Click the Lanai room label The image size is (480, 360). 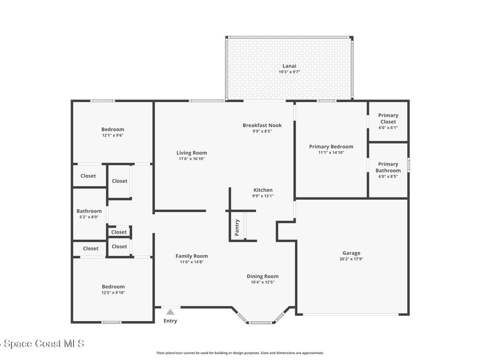coord(289,66)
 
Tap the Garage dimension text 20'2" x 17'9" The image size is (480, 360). coord(351,259)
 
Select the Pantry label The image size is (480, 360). coord(237,227)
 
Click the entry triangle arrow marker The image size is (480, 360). coord(170,312)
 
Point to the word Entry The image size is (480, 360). coord(170,321)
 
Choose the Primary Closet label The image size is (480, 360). coord(388,119)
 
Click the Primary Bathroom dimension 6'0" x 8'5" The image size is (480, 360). coord(388,176)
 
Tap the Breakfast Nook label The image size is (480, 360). coord(262,125)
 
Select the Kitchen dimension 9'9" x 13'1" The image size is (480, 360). coord(263,196)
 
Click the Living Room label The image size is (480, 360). coord(192,153)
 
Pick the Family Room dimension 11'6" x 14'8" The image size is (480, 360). coord(192,262)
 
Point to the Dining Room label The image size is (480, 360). coord(262,276)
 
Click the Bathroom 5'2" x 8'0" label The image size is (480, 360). coord(89,214)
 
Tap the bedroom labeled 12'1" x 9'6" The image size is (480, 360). coord(112,132)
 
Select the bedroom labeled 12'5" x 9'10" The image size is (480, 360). coord(113,289)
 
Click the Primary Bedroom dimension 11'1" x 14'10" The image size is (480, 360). coord(331,152)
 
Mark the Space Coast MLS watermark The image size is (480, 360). coord(42,344)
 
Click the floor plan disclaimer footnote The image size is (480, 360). coord(240,353)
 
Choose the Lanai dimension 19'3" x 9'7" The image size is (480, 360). coord(289,72)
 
